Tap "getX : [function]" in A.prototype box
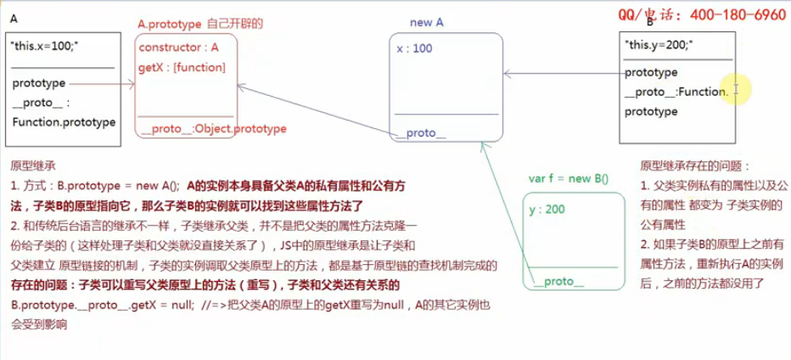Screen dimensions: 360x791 [181, 66]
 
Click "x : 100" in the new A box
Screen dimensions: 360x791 [414, 48]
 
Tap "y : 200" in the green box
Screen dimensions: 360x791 [547, 209]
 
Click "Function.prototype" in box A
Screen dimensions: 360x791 [64, 122]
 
